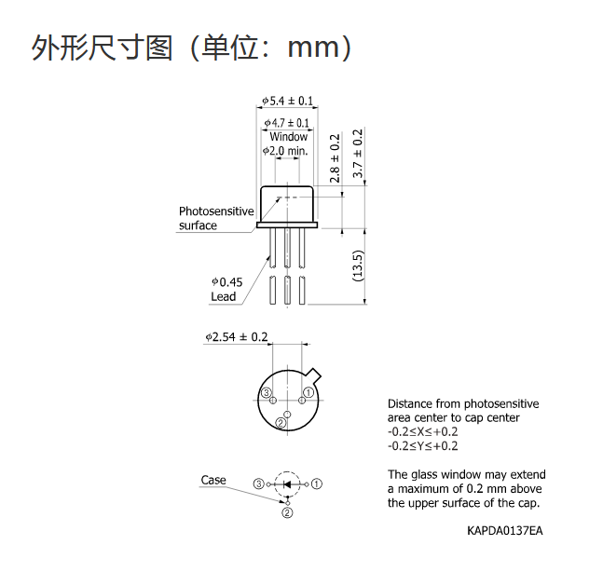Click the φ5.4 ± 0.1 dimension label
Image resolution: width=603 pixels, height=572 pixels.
click(x=288, y=101)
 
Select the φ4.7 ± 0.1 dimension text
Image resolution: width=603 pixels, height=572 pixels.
click(x=287, y=123)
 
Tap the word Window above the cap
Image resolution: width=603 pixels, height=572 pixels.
click(x=288, y=136)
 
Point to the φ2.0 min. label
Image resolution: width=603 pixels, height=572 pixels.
click(x=285, y=151)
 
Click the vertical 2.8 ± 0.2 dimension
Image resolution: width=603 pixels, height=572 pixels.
click(x=335, y=158)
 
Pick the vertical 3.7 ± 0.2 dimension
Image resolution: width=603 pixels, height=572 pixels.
click(x=358, y=154)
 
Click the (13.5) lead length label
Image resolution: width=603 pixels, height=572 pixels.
click(x=358, y=266)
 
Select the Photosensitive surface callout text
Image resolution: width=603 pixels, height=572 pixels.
click(x=216, y=218)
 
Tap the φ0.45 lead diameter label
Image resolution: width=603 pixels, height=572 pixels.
click(x=226, y=282)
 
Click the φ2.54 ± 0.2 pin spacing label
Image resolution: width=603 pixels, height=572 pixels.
click(x=237, y=337)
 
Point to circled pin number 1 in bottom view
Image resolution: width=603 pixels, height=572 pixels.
click(x=308, y=392)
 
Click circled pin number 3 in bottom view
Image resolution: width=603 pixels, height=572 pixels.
click(x=267, y=393)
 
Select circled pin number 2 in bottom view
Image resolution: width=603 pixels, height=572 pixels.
click(x=281, y=423)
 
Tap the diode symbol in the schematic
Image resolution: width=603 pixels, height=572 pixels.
click(x=287, y=484)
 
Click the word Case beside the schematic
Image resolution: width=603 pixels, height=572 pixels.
click(x=213, y=480)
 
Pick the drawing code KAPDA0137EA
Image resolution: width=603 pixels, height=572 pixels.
click(x=505, y=530)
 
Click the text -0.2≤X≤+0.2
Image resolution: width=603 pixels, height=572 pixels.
click(x=422, y=431)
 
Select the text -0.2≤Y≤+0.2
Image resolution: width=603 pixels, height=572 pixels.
click(x=422, y=446)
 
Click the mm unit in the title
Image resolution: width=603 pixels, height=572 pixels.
click(x=313, y=48)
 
